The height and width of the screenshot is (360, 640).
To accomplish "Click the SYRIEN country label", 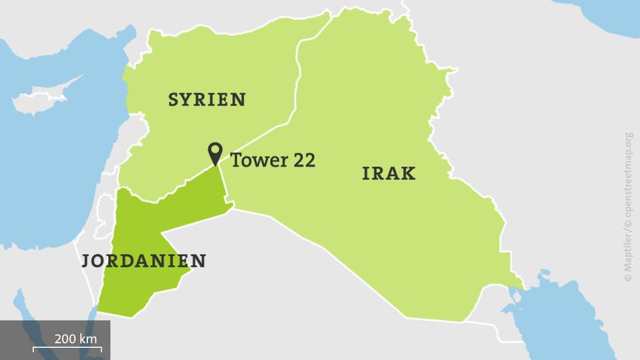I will (207, 100).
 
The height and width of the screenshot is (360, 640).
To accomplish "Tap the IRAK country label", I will (389, 174).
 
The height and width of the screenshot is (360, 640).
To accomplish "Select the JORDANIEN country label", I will (143, 261).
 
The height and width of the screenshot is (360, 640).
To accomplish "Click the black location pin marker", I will (215, 153).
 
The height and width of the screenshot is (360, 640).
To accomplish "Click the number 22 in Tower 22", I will (301, 159).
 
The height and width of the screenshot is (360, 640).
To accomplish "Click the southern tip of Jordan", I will (100, 311).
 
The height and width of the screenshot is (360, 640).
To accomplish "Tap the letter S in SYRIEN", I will (174, 100).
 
